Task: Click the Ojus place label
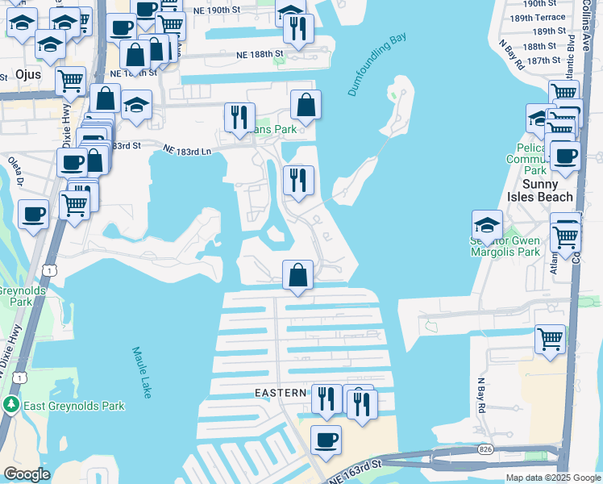(x=28, y=73)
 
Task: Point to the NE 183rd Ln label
(x=186, y=150)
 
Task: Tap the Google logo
(x=27, y=474)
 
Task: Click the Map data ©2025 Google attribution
(x=553, y=478)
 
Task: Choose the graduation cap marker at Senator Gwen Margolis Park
(x=487, y=225)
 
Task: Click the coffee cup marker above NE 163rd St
(x=326, y=440)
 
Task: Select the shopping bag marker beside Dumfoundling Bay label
(x=306, y=105)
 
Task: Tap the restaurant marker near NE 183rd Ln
(x=239, y=118)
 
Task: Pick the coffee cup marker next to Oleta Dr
(x=33, y=215)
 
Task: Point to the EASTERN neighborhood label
(x=281, y=393)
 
